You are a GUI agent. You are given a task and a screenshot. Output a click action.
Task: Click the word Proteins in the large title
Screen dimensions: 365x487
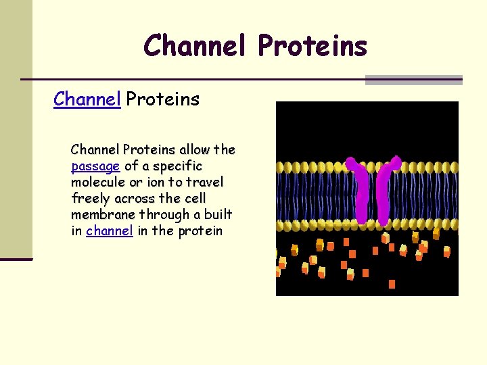pos(312,46)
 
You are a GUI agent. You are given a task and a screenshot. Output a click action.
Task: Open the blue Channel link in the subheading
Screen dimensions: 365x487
pos(87,99)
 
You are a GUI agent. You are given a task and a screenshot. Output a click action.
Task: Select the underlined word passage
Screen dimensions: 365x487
pos(95,166)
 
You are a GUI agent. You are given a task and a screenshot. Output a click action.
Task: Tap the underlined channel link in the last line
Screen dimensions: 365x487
pos(109,231)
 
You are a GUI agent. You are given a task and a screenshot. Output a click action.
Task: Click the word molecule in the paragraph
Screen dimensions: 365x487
pos(97,182)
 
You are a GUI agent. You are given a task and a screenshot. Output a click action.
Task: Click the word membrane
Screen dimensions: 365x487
pos(103,215)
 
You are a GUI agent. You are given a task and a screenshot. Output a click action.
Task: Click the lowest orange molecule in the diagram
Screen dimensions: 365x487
pos(392,285)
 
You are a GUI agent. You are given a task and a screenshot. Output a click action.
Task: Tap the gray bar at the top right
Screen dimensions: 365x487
pos(413,80)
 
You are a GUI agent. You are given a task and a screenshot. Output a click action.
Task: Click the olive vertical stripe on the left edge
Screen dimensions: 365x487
pos(16,128)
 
